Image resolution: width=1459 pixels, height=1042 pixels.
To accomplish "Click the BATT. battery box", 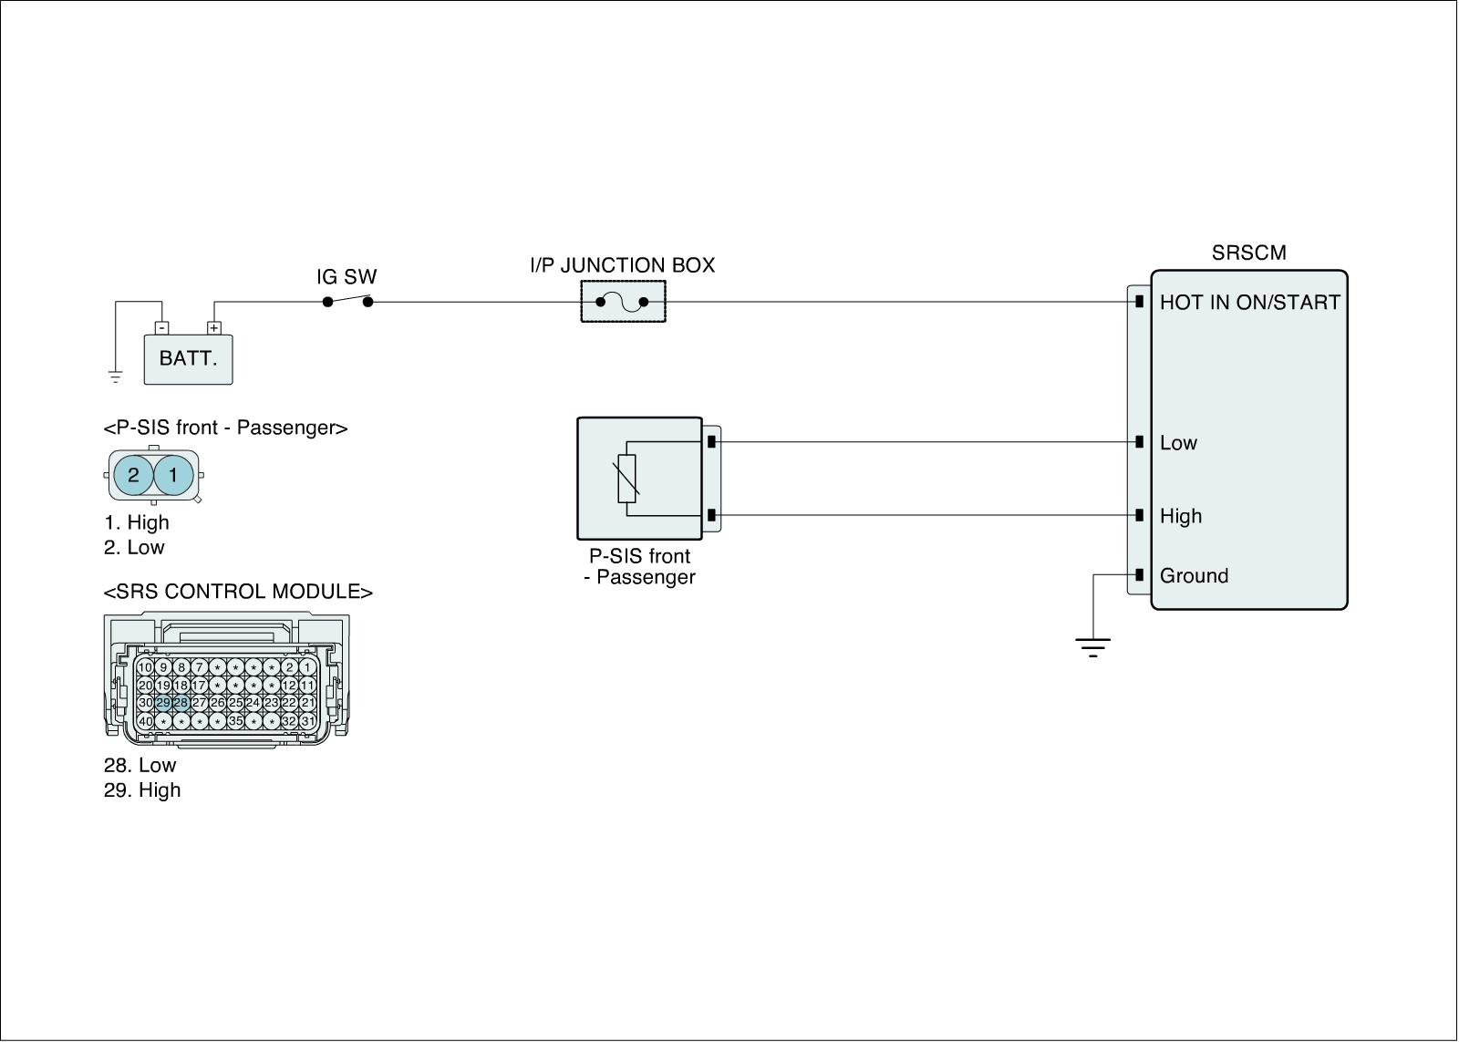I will point(188,359).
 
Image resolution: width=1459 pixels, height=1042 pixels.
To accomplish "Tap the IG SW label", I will point(347,277).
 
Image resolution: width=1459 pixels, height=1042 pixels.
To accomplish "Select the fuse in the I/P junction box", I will point(623,302).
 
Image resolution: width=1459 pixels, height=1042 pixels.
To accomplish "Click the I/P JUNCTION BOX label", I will point(623,265).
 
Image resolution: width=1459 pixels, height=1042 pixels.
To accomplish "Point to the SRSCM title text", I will point(1248,253).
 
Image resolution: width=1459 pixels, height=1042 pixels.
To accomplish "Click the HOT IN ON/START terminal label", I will point(1249,303).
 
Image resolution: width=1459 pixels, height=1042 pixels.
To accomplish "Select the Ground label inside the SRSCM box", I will point(1194,576).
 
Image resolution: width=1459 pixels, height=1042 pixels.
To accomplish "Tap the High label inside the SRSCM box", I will point(1181,516).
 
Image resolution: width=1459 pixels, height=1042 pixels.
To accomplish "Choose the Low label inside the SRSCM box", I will point(1178,443).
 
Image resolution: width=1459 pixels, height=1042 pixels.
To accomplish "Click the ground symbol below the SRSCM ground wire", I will point(1092,648).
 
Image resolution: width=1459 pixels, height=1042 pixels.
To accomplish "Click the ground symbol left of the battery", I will point(115,375).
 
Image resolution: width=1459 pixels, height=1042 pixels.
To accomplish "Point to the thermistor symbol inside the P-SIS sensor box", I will point(627,479).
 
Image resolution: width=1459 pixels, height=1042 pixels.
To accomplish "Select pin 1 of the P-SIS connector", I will point(173,475).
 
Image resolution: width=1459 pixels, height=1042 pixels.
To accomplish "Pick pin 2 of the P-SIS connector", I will point(133,475).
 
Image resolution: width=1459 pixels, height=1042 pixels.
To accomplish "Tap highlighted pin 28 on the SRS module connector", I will point(181,703).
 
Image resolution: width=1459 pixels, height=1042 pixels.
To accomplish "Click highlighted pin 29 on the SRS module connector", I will point(163,703).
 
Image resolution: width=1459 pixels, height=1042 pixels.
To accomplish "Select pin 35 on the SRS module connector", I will point(235,721).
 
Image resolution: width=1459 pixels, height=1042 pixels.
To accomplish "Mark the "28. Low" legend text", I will point(140,766).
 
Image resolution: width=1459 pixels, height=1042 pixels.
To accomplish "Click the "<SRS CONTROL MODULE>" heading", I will point(238,592).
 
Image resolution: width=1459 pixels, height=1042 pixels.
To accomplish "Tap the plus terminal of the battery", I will point(213,327).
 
